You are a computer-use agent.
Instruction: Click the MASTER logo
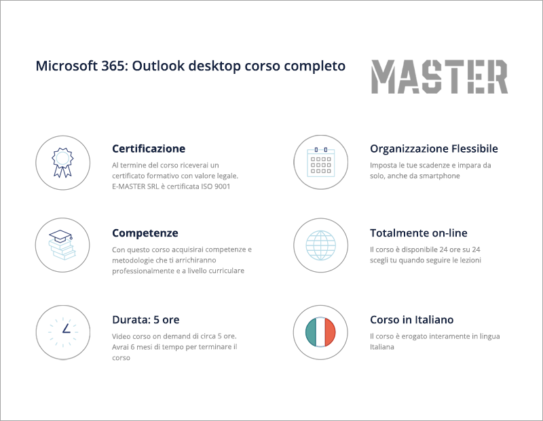(439, 77)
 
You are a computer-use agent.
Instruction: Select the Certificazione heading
(148, 148)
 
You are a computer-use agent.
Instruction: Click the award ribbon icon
(62, 162)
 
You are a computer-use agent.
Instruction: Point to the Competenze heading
(145, 233)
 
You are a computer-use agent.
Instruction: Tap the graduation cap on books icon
(62, 245)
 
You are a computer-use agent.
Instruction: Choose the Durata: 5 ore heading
(145, 319)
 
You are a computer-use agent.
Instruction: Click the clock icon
(62, 332)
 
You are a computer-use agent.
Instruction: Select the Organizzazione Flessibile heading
(434, 148)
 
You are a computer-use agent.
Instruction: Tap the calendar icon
(320, 162)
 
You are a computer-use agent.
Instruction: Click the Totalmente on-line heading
(418, 233)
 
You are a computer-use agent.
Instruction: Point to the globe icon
(320, 245)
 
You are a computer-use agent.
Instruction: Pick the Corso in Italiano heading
(411, 319)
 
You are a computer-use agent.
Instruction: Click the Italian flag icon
(320, 332)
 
